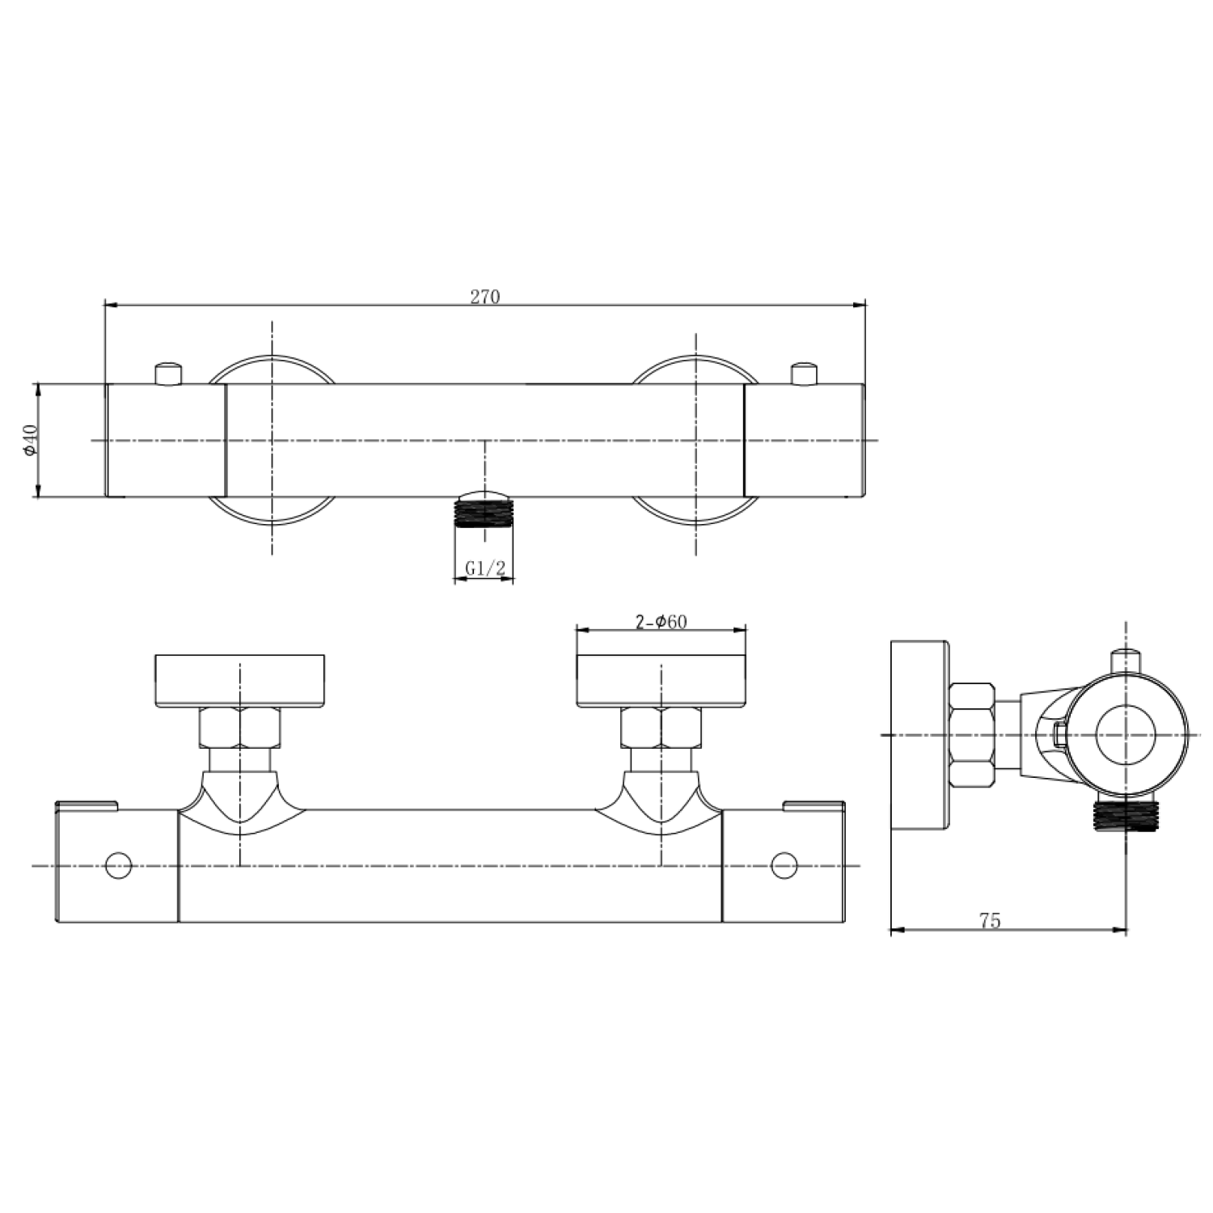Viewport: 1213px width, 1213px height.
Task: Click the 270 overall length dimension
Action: point(485,297)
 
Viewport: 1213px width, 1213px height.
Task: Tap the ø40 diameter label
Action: point(30,440)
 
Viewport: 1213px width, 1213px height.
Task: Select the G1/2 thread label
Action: point(484,568)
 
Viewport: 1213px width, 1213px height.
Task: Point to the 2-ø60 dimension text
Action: point(661,621)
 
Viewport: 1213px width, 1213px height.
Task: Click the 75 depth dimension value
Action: point(990,920)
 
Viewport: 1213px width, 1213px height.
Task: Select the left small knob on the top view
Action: point(168,374)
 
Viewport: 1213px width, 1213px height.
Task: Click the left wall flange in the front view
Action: point(239,680)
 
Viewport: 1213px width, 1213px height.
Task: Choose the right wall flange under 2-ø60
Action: point(661,680)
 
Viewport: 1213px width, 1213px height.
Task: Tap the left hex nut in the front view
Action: point(239,727)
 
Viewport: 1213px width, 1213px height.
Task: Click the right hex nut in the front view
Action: point(661,727)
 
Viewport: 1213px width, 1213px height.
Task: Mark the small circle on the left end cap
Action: point(119,865)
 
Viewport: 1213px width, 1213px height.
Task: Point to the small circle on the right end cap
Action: point(784,865)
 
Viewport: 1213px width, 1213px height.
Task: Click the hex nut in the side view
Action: point(971,734)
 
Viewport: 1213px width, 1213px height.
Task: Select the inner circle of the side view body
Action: point(1126,734)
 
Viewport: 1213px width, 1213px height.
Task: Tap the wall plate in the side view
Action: point(919,734)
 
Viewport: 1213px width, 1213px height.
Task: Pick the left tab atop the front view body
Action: point(87,805)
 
